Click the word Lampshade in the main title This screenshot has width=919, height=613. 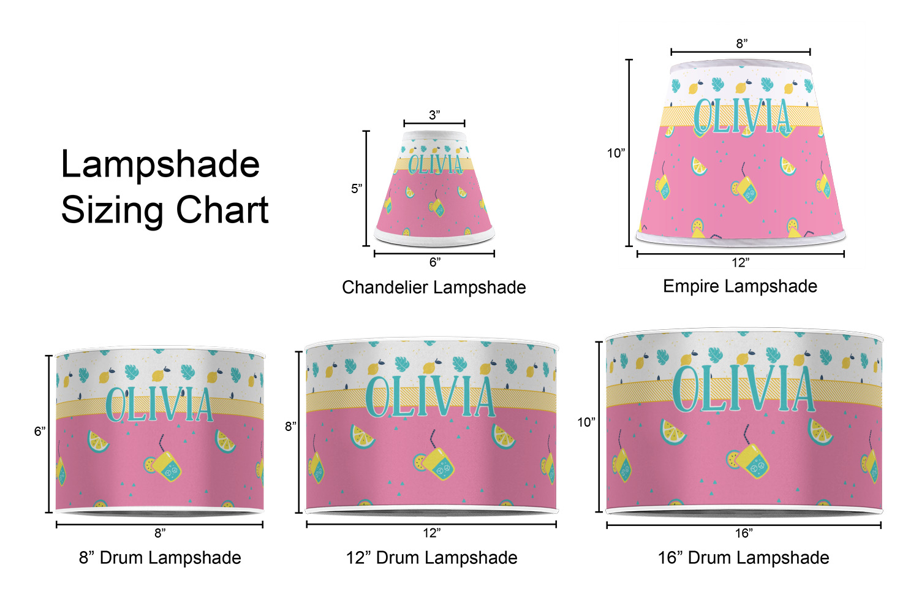(161, 165)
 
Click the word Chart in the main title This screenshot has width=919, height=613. (222, 210)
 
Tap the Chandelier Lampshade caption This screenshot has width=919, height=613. (434, 287)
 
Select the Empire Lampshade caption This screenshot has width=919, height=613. (740, 286)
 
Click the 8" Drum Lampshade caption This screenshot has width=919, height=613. (160, 558)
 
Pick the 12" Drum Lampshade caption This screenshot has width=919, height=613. (431, 558)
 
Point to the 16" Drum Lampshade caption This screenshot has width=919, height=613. (743, 558)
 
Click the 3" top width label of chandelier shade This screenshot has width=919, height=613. (434, 115)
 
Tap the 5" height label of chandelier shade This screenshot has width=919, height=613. (357, 188)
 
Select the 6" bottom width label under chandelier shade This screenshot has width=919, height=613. (435, 262)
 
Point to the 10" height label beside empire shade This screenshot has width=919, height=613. (616, 153)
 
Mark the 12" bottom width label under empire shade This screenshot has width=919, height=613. (741, 262)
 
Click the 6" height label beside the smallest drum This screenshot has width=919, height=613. (40, 431)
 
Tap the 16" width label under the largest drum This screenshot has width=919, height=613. (744, 533)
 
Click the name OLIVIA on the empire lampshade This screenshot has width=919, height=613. (741, 116)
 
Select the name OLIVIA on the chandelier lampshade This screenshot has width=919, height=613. (435, 164)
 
